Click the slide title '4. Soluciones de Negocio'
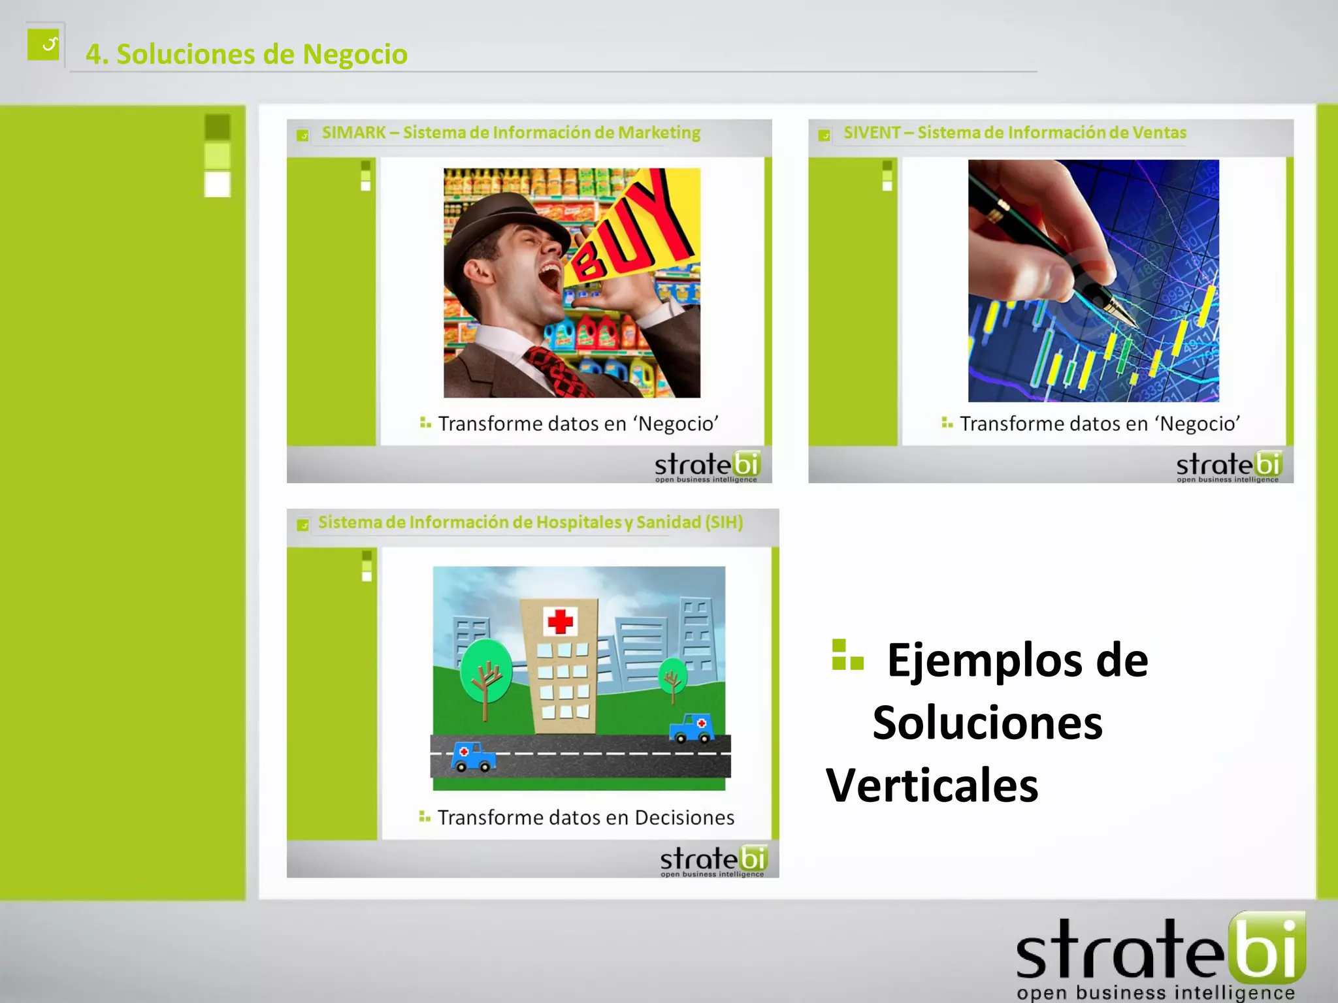click(x=246, y=54)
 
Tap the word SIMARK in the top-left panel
click(x=353, y=133)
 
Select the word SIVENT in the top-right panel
click(x=872, y=133)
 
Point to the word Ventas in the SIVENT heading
click(x=1159, y=133)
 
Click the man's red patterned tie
click(x=559, y=372)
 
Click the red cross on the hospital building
click(x=560, y=621)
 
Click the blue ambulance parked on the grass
click(x=691, y=728)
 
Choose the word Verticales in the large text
click(x=932, y=785)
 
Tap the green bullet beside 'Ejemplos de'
click(x=847, y=656)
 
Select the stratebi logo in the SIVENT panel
click(x=1228, y=466)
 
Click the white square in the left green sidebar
click(x=218, y=184)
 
